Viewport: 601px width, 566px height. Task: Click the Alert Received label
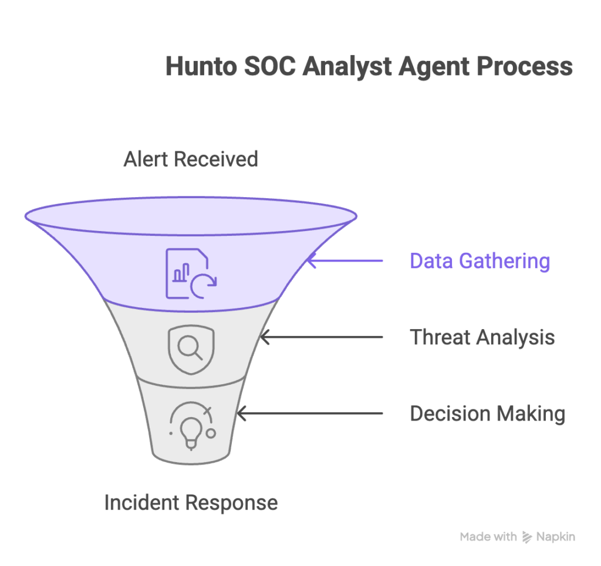191,159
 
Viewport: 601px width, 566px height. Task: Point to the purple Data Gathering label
480,261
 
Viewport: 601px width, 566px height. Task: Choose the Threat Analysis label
482,337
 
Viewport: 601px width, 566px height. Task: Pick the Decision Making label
487,414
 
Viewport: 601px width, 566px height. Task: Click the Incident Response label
191,503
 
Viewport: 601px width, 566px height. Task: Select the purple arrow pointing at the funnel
345,261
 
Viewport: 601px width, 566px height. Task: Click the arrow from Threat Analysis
322,337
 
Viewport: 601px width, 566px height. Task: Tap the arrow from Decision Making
310,414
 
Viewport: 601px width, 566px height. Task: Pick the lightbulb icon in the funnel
191,428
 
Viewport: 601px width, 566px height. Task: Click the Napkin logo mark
526,537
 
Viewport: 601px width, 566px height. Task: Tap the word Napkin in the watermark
556,537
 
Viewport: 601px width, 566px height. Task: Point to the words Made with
488,537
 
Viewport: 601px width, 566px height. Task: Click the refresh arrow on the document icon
203,284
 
